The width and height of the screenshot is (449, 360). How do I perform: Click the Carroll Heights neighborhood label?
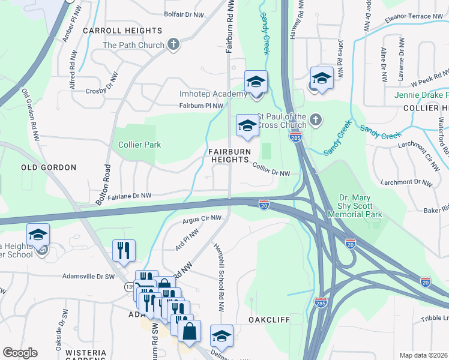tap(122, 30)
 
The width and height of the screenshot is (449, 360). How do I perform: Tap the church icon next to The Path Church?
tap(173, 44)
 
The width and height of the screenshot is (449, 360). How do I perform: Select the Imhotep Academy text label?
tap(213, 94)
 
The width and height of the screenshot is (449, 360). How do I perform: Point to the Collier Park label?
tap(139, 145)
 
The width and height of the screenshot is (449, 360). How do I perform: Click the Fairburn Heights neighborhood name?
tap(229, 156)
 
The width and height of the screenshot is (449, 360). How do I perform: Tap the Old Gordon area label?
tap(49, 167)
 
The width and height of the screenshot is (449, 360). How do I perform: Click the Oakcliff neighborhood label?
tap(270, 320)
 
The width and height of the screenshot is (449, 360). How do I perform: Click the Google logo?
tap(20, 353)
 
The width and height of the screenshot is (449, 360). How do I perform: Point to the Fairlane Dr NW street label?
tap(130, 196)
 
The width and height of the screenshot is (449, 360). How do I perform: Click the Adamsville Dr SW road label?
tap(89, 277)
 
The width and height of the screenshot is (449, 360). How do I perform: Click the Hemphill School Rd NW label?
tap(218, 269)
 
